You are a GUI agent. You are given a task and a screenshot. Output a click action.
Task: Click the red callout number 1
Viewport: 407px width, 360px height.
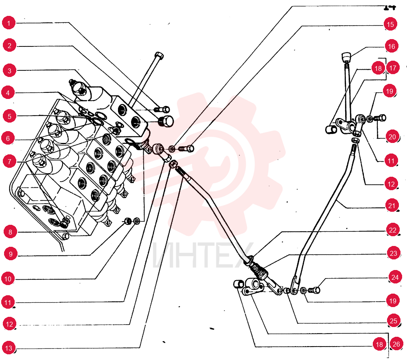click(9, 23)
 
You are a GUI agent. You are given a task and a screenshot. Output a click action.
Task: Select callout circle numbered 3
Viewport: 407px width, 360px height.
click(9, 70)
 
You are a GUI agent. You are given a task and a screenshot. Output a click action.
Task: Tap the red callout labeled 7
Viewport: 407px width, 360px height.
click(9, 161)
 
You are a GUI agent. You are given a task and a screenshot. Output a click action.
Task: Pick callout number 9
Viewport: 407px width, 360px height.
click(11, 253)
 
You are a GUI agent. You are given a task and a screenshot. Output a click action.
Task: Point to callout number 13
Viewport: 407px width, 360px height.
click(9, 348)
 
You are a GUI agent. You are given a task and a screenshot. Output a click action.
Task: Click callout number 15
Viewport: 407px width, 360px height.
click(390, 24)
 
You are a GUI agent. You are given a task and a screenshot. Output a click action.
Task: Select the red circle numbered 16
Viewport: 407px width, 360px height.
click(392, 46)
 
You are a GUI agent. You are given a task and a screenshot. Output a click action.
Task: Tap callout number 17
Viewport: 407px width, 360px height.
click(393, 68)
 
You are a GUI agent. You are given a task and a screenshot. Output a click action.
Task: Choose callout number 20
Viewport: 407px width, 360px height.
click(392, 136)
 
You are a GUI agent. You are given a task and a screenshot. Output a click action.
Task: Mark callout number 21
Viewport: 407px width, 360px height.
click(392, 206)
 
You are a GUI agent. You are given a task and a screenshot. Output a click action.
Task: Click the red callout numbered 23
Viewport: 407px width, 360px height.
click(394, 253)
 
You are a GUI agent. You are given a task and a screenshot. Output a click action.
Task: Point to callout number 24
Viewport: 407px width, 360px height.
click(395, 277)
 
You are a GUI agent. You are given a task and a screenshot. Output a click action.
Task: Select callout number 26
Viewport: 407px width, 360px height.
click(396, 344)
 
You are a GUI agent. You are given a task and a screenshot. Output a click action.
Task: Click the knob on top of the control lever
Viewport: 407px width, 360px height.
click(346, 57)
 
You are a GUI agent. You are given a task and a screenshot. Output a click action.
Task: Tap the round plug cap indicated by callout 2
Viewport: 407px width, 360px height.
click(166, 121)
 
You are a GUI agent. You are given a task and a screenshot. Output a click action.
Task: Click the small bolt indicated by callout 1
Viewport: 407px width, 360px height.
click(162, 110)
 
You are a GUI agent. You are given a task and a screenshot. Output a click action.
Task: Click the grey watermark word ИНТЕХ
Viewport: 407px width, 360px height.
click(203, 255)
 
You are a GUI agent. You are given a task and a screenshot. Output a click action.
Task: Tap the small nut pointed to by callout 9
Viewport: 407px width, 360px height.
click(127, 221)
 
